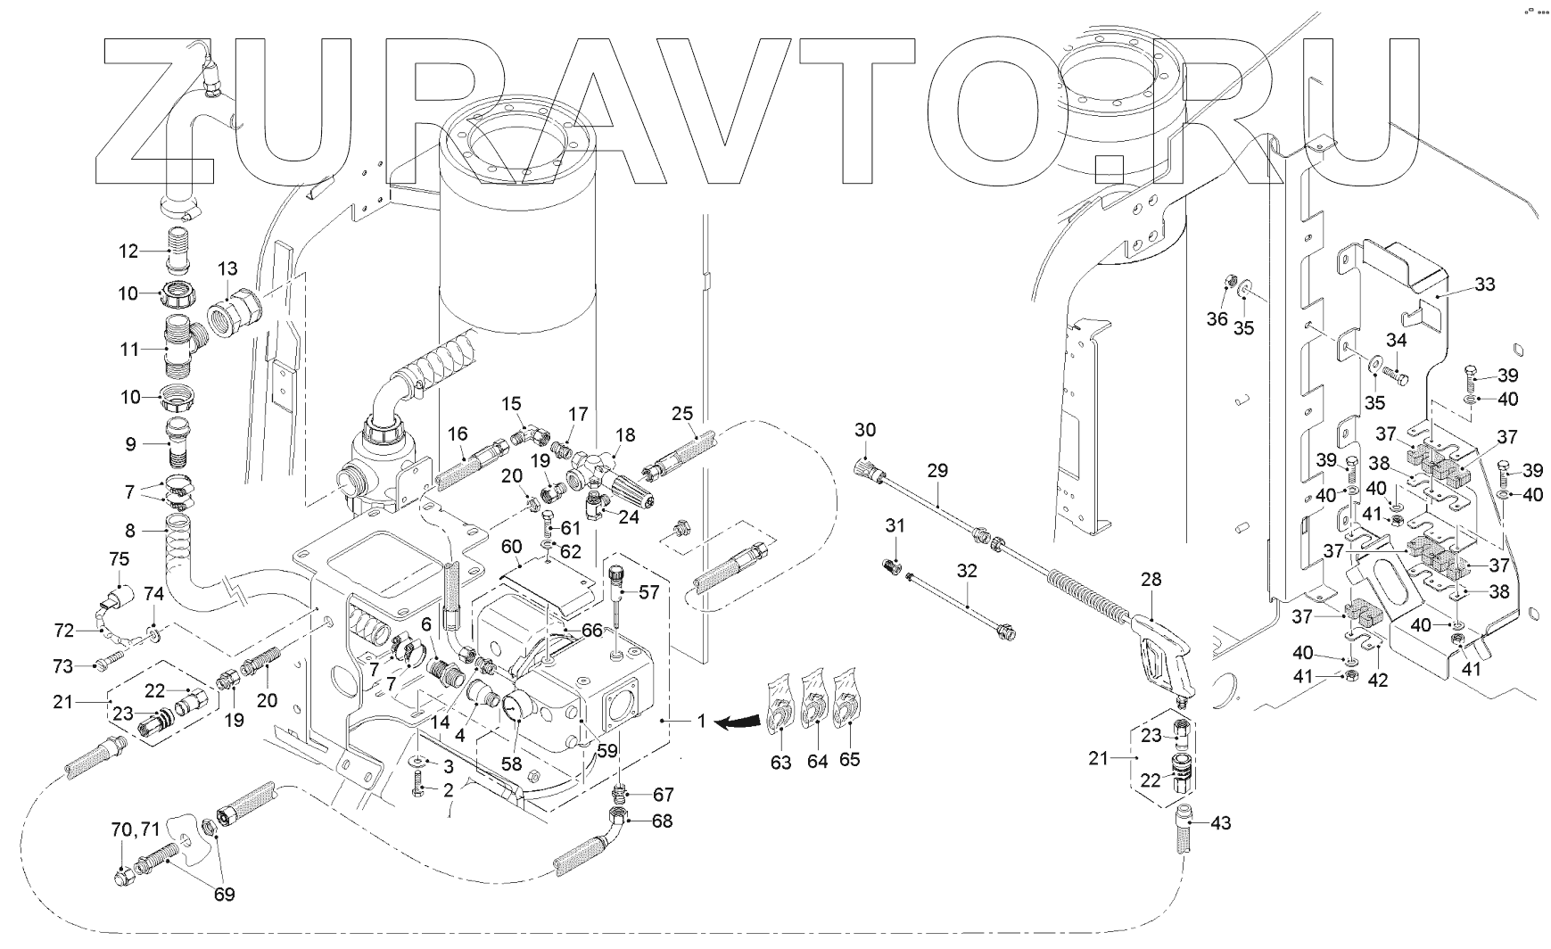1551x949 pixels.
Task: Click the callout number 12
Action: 129,252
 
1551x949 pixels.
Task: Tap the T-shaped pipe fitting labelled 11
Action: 182,349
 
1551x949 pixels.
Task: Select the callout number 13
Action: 227,268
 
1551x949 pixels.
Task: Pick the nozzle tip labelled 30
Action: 868,468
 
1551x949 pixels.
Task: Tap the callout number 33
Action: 1484,285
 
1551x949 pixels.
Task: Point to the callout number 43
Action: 1219,822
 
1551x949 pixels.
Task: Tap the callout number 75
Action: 119,559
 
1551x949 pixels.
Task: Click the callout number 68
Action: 663,821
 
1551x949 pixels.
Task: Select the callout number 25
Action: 682,414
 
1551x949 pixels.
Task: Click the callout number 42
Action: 1378,679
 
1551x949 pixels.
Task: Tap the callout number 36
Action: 1217,320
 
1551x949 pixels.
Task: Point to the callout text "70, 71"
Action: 136,831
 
